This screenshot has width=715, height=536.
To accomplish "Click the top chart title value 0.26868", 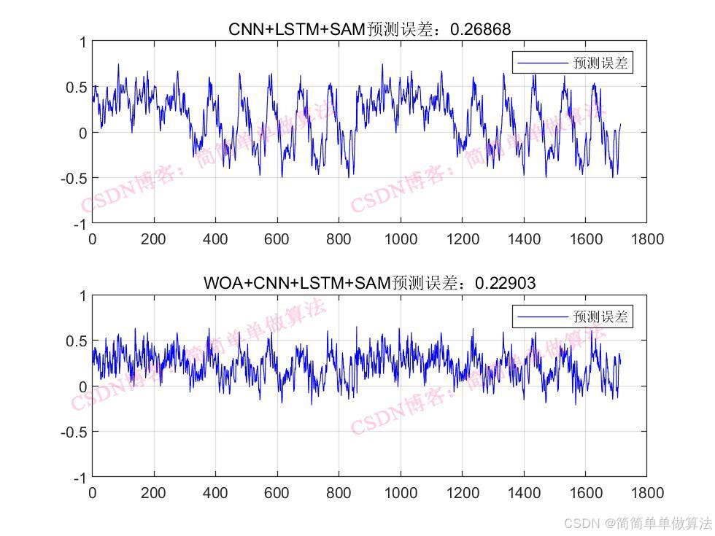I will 480,29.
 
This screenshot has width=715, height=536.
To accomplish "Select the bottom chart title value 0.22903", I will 505,283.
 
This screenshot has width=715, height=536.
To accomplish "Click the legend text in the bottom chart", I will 600,317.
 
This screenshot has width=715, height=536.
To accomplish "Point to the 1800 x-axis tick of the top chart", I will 646,238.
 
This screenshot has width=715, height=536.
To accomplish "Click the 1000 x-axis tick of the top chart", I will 400,238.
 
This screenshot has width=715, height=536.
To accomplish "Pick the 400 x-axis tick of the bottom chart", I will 215,492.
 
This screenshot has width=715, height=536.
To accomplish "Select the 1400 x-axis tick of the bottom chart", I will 523,492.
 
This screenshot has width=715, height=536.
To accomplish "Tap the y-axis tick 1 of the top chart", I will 82,42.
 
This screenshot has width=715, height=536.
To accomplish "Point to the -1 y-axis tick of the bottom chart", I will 77,478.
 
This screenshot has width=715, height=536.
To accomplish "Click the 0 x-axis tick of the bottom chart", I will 92,492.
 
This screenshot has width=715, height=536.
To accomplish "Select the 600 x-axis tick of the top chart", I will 277,238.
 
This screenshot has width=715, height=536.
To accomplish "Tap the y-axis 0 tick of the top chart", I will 82,133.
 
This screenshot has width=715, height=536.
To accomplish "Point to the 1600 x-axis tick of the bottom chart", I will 585,492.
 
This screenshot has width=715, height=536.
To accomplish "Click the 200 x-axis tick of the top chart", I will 154,238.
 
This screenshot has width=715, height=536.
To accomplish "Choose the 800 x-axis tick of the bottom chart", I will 339,492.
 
